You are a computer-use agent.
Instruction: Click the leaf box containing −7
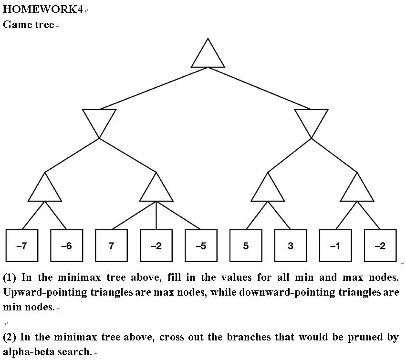[22, 246]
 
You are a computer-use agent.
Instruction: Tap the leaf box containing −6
[67, 246]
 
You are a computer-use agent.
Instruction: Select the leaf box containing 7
[112, 246]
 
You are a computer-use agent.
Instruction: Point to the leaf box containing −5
[201, 246]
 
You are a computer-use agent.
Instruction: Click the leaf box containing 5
[246, 246]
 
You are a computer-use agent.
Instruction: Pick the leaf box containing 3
[291, 246]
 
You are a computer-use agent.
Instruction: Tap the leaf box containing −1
[335, 246]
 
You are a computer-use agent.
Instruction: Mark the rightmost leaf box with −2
[380, 246]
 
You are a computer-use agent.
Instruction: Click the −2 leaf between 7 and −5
[156, 246]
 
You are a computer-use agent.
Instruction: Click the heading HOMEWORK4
[43, 10]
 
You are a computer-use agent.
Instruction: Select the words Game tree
[29, 24]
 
